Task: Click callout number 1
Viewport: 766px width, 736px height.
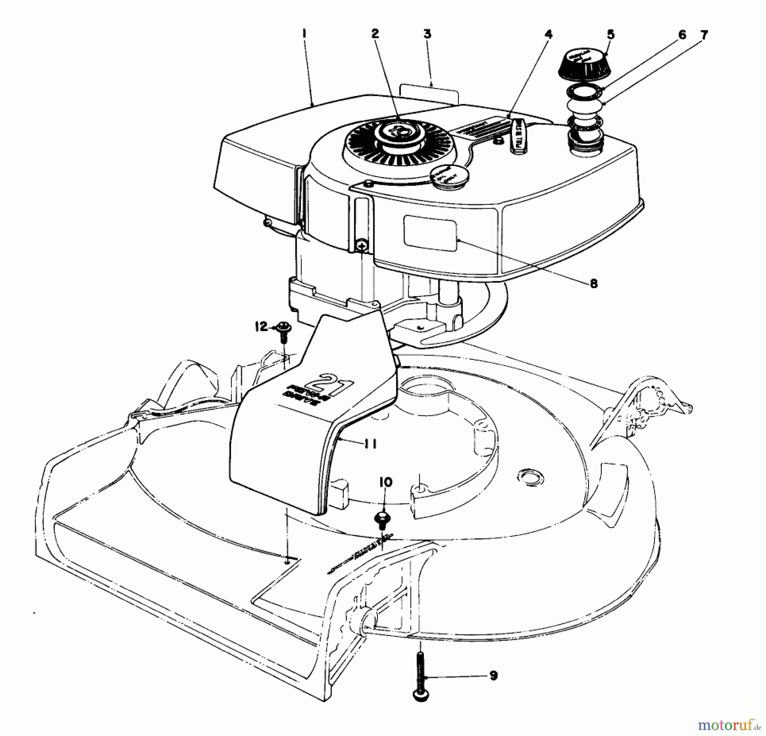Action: tap(304, 34)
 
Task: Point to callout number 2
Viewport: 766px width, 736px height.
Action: tap(375, 34)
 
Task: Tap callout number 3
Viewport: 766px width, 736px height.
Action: tap(427, 34)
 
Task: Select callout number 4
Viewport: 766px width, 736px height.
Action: tap(549, 34)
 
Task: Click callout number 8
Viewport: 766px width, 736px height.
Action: tap(593, 283)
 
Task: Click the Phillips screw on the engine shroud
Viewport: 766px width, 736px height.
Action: tap(361, 245)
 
